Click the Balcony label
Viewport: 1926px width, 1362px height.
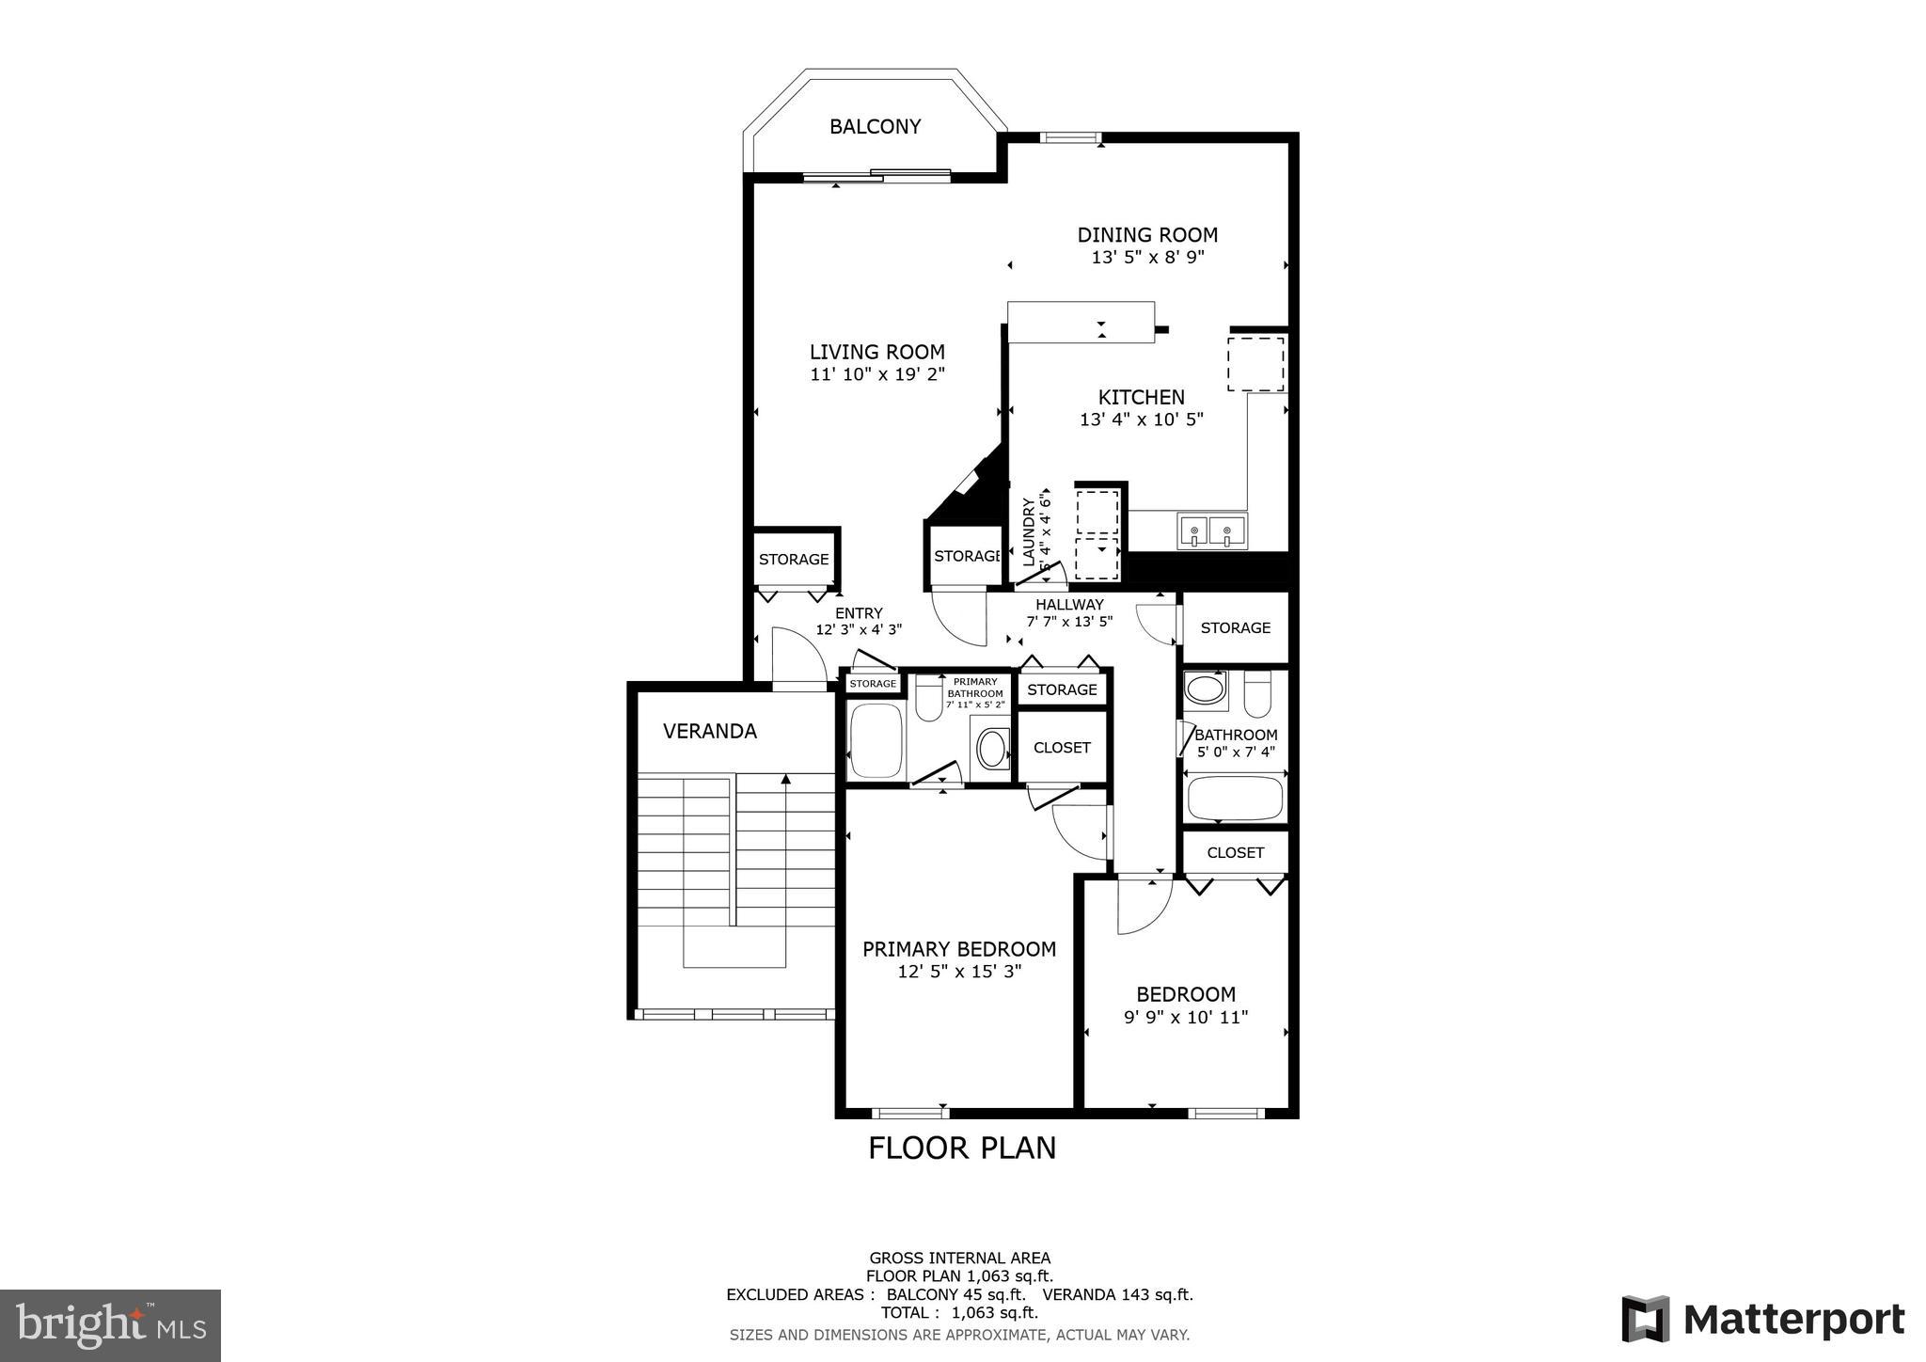pos(875,126)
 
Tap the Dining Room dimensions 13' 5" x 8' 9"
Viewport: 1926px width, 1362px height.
pos(1147,257)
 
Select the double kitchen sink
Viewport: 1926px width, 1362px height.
pos(1211,532)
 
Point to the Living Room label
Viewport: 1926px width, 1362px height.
pos(876,352)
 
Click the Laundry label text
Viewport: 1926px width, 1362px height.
pos(1028,531)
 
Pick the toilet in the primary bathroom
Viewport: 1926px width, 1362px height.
pos(929,698)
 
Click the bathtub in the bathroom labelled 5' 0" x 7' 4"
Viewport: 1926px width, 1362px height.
pos(1235,799)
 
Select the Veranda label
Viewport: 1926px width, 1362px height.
pos(709,731)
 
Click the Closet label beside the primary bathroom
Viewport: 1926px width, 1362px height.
pos(1062,748)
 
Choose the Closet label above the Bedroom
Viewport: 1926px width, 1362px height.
pos(1235,852)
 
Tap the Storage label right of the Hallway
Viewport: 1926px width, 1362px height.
pos(1235,627)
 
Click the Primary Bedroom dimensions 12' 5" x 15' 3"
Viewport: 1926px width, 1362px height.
pos(959,972)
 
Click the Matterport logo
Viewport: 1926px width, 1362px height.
pos(1762,1319)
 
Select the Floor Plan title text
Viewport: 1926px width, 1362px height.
pos(961,1148)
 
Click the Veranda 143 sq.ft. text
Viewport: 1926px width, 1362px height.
pos(1117,1295)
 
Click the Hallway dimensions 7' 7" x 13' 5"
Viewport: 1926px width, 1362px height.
pos(1069,622)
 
